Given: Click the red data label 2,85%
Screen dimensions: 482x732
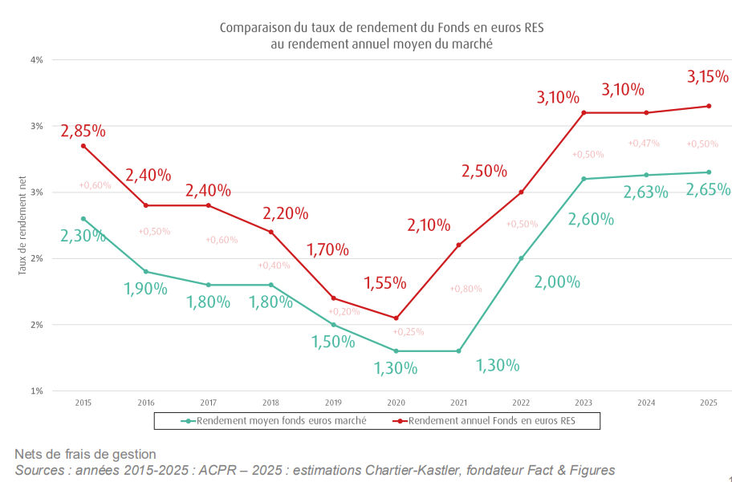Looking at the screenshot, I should click(x=83, y=130).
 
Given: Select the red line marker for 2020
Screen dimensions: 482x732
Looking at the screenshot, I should click(x=396, y=318).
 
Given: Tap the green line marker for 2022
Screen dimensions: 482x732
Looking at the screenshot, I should click(x=521, y=258).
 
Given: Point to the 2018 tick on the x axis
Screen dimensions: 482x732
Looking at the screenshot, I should click(x=270, y=401).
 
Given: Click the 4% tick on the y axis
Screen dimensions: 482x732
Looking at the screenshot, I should click(x=37, y=60).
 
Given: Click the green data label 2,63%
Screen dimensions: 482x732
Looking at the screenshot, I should click(x=646, y=192).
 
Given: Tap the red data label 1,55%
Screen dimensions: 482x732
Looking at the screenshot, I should click(x=385, y=283).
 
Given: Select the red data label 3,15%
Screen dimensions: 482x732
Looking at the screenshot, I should click(x=708, y=77).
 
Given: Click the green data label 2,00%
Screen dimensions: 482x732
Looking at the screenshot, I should click(x=556, y=282).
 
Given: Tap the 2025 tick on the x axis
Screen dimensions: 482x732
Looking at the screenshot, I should click(x=709, y=401).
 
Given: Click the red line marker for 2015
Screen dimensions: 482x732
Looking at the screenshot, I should click(x=83, y=146).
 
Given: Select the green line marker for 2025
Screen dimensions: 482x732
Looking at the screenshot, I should click(x=709, y=172).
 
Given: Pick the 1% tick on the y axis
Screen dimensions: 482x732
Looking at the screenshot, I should click(x=37, y=391).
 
